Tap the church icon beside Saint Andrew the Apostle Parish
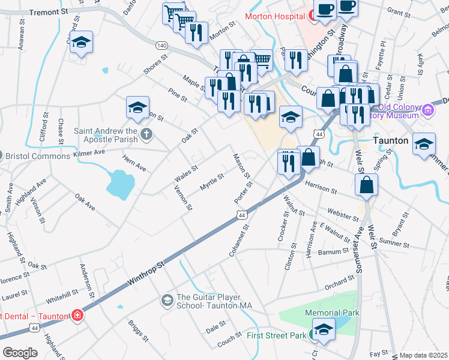coord(146,133)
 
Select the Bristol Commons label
coord(38,156)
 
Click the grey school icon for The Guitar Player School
coord(167,299)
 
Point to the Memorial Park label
coord(332,313)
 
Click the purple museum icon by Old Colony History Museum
coord(428,110)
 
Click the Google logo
coord(20,352)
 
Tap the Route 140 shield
coord(161,46)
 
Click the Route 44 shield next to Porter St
coord(242,214)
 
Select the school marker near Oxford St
coord(81,43)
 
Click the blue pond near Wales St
coord(119,183)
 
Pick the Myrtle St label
coord(212,182)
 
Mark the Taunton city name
coord(390,140)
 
